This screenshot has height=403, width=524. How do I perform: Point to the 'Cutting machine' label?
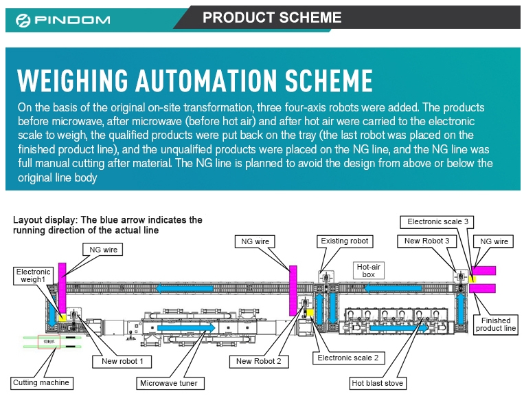41,382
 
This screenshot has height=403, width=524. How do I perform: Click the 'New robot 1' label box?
122,360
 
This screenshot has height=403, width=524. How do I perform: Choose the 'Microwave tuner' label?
168,382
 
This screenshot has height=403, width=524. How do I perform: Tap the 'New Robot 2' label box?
258,361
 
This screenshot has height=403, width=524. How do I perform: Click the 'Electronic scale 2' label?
348,358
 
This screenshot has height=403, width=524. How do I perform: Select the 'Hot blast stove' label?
377,382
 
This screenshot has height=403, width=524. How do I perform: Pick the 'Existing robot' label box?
344,241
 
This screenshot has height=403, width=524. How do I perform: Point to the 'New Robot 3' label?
426,241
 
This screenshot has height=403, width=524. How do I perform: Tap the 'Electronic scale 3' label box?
437,221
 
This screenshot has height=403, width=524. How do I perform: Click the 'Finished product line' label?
495,325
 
